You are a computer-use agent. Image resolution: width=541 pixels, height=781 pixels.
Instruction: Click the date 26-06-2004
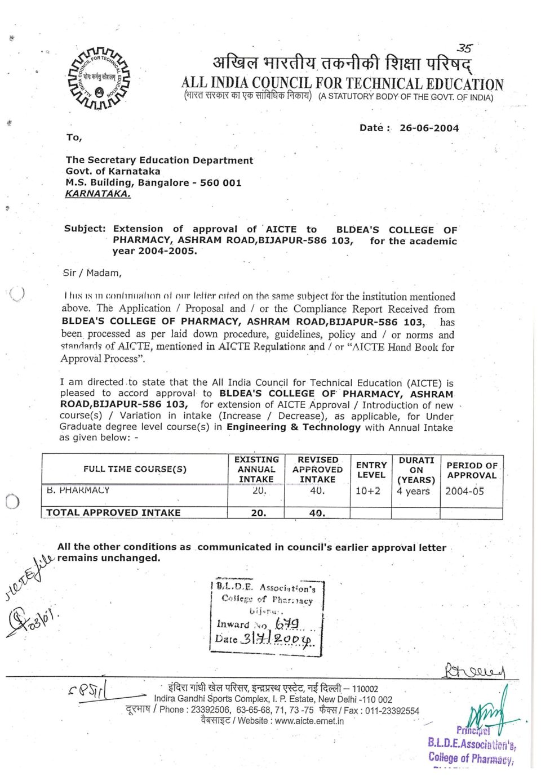coord(429,128)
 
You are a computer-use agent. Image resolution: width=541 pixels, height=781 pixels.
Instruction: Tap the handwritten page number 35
coord(464,49)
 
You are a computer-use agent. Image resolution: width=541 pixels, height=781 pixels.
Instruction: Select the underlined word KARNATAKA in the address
coord(98,194)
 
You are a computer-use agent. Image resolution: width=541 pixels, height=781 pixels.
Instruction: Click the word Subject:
coord(85,229)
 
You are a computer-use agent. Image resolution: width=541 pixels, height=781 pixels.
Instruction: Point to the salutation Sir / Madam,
coord(92,273)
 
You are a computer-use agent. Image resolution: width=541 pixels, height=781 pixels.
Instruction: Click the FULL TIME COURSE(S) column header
coord(135,469)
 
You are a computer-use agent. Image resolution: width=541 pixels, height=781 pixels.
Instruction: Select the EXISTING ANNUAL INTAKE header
coord(256,469)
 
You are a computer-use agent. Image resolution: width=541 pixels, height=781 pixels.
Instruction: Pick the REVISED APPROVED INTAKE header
coord(317,470)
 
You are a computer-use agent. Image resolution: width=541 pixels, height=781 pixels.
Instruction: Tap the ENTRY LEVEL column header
coord(371,470)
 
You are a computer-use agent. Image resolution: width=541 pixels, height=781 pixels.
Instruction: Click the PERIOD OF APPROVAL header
coord(472,470)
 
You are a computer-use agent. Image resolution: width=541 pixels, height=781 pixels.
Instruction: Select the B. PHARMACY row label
coord(78,490)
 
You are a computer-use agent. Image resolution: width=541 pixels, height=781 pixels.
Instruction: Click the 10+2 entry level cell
coord(368,491)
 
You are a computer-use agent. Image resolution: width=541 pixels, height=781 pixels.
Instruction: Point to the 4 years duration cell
coord(413,491)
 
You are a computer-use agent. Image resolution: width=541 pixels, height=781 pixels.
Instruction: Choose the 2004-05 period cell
coord(464,491)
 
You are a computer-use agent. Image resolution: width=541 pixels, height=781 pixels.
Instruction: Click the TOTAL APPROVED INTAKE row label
coord(113,512)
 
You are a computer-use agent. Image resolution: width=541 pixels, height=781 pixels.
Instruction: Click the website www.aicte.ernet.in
coord(309,721)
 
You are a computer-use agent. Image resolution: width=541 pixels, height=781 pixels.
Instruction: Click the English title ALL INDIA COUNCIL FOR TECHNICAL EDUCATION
coord(342,84)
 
